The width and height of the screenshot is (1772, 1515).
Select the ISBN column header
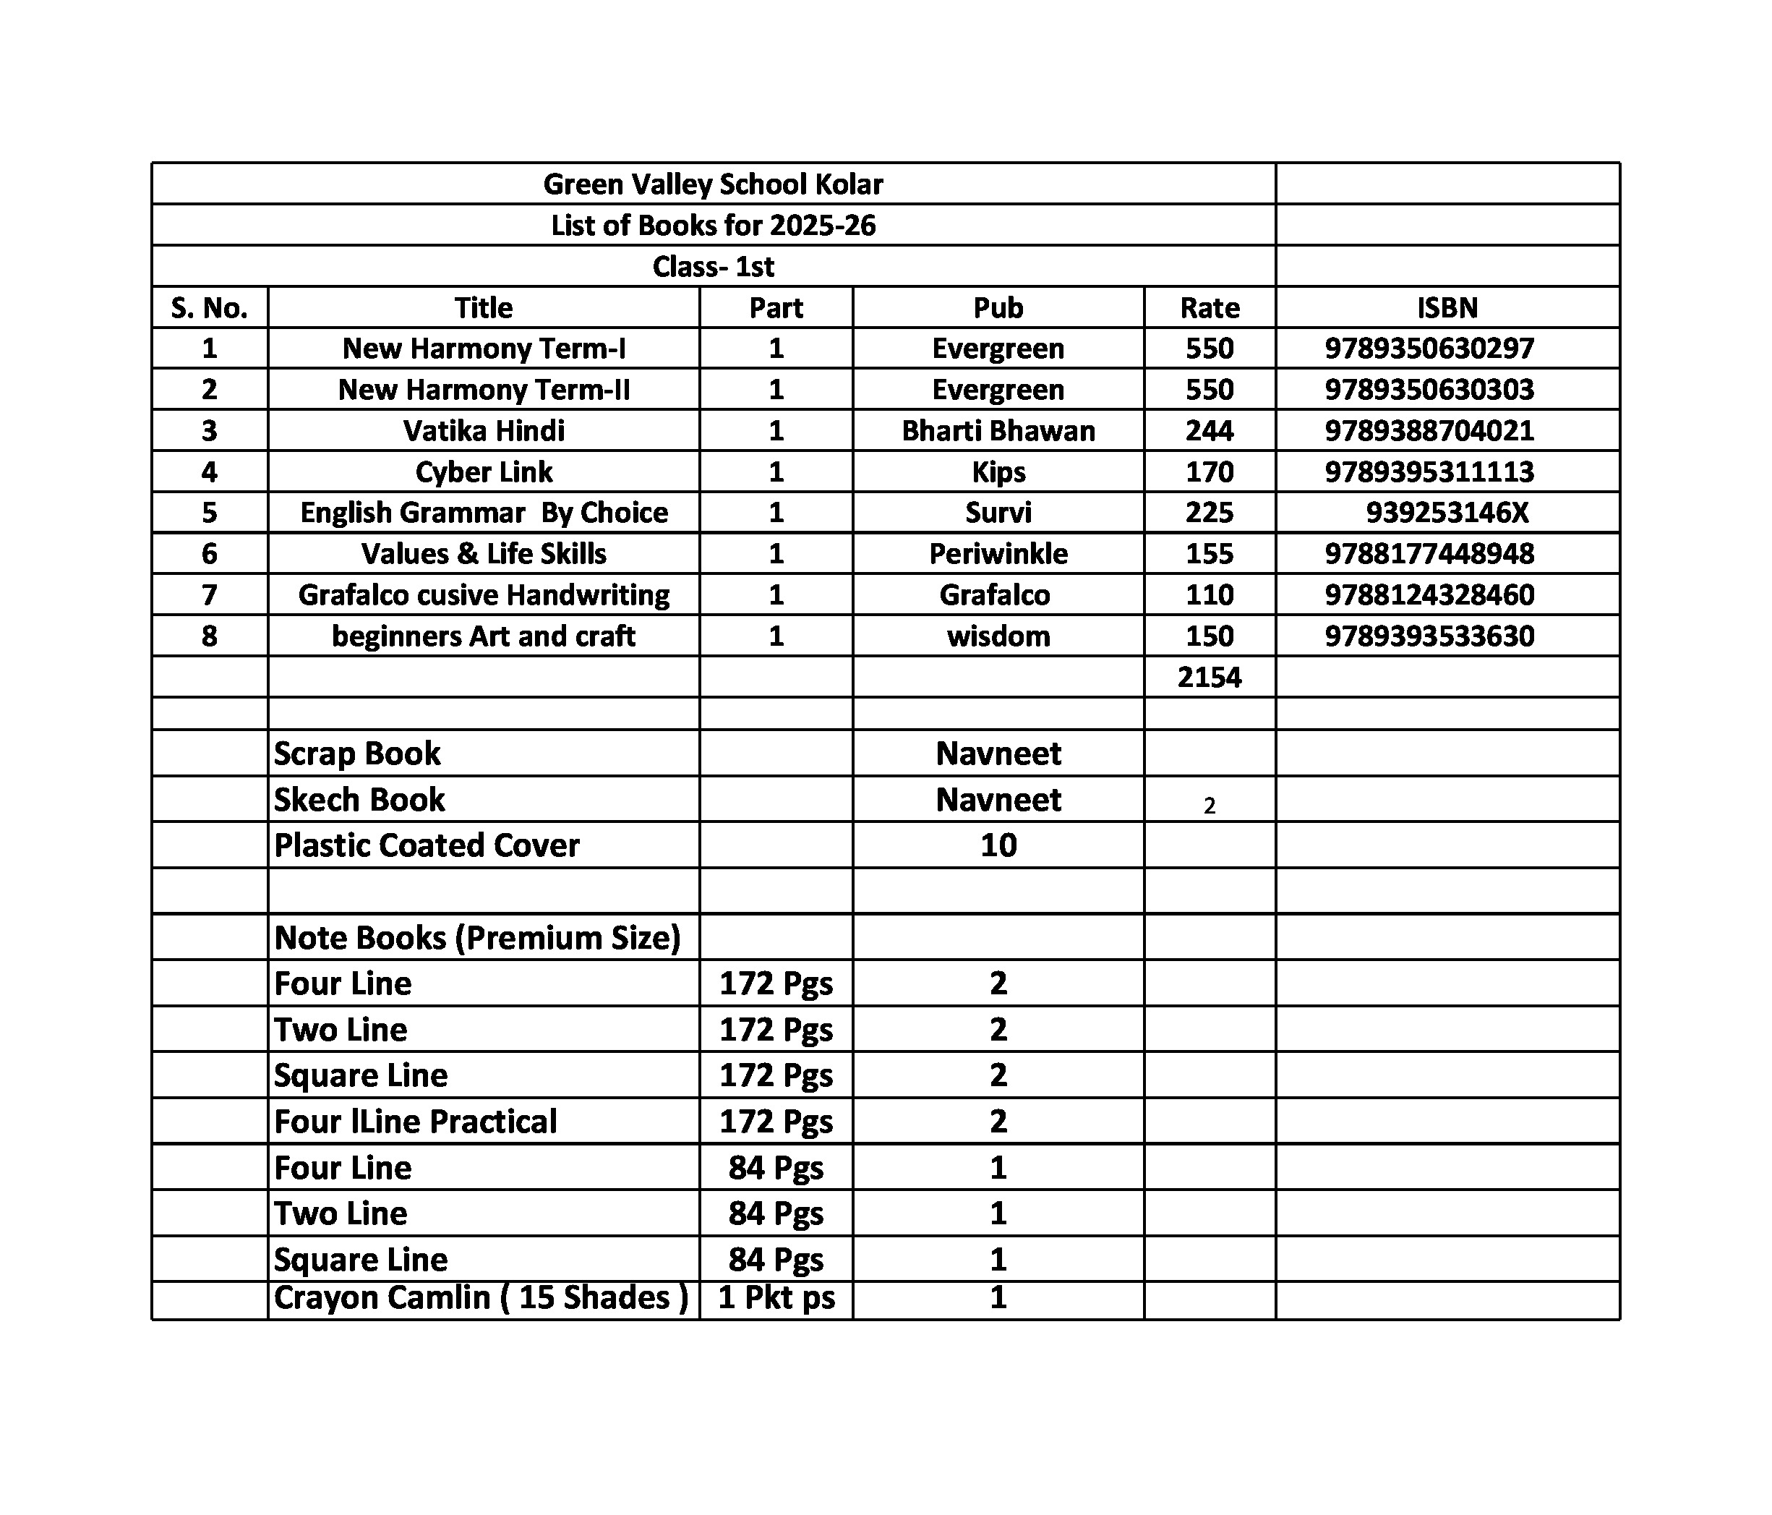[1446, 307]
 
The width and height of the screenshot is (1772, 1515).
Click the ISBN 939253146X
[1446, 513]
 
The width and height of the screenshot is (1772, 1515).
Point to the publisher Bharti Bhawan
[997, 430]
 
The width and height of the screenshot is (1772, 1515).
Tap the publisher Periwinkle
[997, 553]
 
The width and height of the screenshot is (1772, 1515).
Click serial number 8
[209, 636]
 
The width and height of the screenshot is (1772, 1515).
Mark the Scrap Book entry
[356, 754]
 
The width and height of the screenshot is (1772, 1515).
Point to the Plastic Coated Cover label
[426, 845]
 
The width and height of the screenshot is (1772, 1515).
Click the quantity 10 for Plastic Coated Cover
[997, 845]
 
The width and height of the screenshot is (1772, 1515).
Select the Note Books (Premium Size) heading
[476, 938]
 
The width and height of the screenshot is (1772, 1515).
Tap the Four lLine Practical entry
[415, 1121]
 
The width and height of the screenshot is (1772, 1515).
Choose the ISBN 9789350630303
[1429, 389]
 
